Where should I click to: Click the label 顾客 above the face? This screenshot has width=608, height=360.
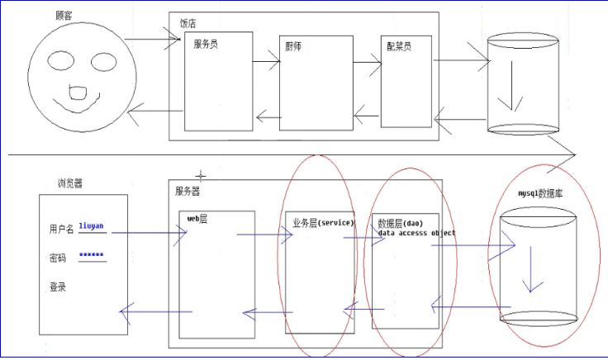pyautogui.click(x=64, y=16)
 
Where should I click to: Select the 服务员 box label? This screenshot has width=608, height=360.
pyautogui.click(x=207, y=44)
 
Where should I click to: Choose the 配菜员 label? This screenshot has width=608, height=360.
pyautogui.click(x=398, y=46)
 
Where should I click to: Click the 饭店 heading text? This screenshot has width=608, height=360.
pyautogui.click(x=188, y=24)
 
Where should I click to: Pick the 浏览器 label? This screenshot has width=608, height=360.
pyautogui.click(x=70, y=183)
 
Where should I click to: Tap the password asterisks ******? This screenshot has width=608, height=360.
pyautogui.click(x=92, y=255)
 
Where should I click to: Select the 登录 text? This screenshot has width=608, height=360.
pyautogui.click(x=58, y=287)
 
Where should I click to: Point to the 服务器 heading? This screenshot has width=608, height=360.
pyautogui.click(x=188, y=191)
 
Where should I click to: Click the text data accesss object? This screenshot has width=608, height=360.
pyautogui.click(x=416, y=233)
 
